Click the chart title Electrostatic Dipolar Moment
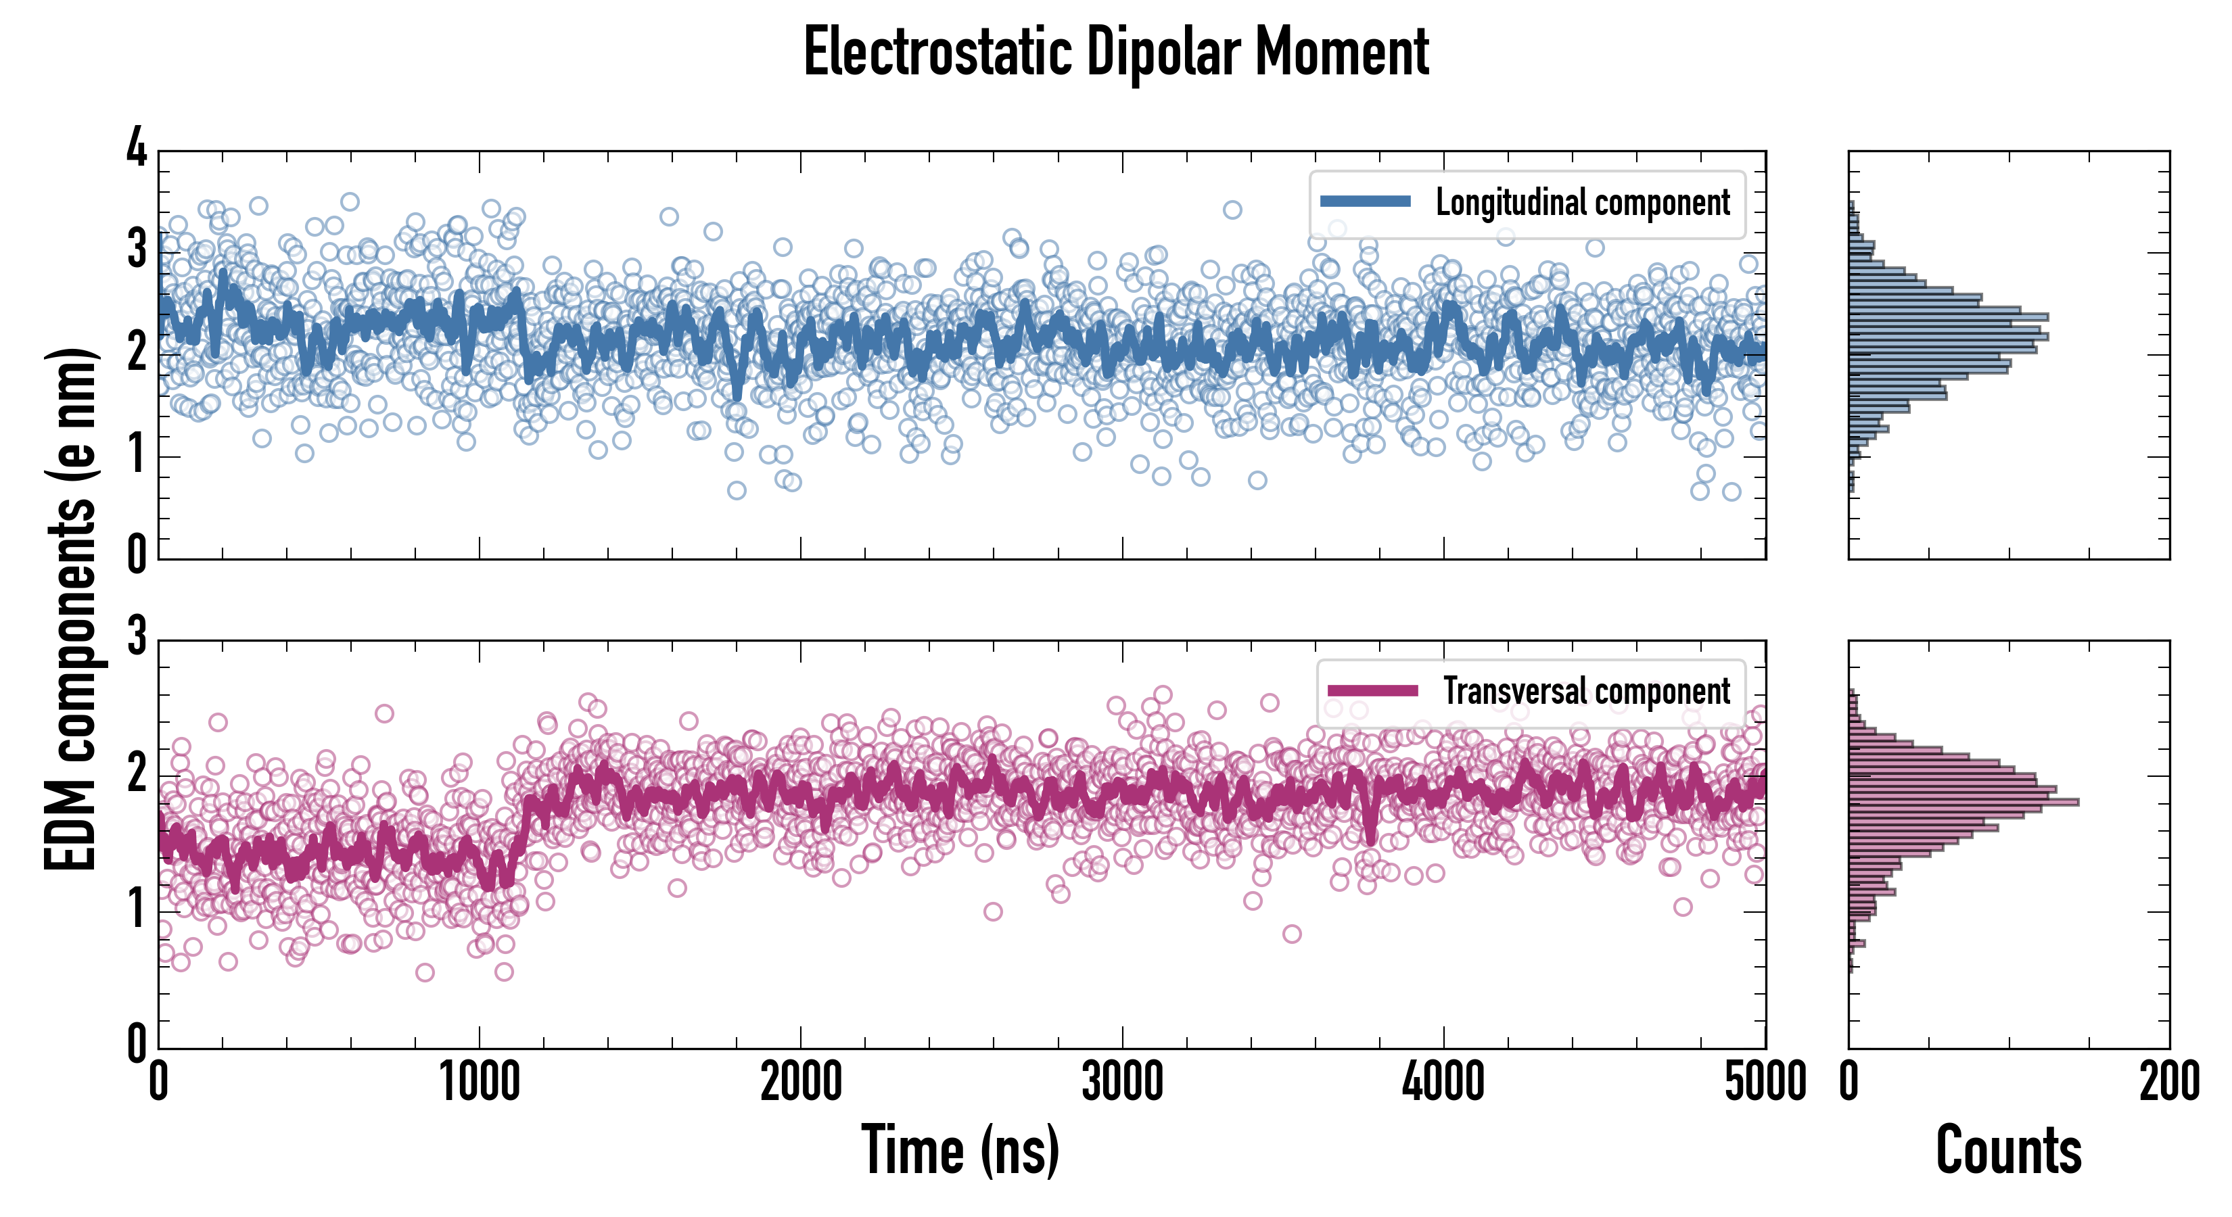1116,52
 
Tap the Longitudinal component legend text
1582,203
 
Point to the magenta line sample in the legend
1372,690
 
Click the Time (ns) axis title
960,1150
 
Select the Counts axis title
2008,1150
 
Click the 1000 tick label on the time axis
479,1082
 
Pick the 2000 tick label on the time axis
801,1082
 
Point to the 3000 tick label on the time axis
1122,1082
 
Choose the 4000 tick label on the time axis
1443,1082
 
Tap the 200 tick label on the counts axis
2168,1082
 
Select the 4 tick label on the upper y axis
137,148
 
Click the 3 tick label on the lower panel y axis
137,637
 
